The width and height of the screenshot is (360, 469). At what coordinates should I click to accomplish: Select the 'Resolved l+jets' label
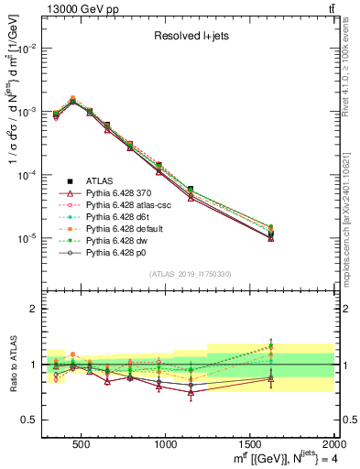point(191,37)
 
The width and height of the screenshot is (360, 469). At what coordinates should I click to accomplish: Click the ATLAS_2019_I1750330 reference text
point(191,274)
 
